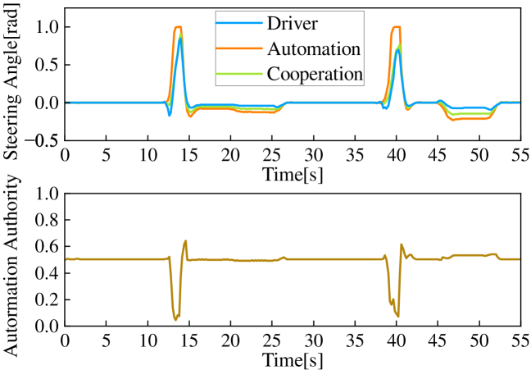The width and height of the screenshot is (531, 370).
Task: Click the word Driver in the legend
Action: pyautogui.click(x=292, y=24)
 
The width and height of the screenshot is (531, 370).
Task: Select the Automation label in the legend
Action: pyautogui.click(x=314, y=48)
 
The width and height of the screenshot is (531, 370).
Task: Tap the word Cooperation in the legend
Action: pyautogui.click(x=315, y=73)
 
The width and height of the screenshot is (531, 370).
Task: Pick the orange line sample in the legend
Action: pyautogui.click(x=241, y=48)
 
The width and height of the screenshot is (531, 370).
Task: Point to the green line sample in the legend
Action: pyautogui.click(x=241, y=73)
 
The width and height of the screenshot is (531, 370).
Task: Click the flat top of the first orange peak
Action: pyautogui.click(x=178, y=27)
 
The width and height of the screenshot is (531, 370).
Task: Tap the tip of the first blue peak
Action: pyautogui.click(x=180, y=38)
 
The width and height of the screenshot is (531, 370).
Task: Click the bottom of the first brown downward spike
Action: pyautogui.click(x=176, y=319)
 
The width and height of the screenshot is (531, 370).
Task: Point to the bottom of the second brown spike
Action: pyautogui.click(x=397, y=317)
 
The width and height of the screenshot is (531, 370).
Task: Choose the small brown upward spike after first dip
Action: pyautogui.click(x=186, y=241)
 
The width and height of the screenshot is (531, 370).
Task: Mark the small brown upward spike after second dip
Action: pyautogui.click(x=402, y=244)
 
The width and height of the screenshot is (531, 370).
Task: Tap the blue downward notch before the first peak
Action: pyautogui.click(x=170, y=116)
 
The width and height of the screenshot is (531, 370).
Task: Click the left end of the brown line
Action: pyautogui.click(x=66, y=259)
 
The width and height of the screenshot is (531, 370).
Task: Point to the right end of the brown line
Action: pyautogui.click(x=520, y=259)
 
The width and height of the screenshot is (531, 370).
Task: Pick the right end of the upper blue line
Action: pyautogui.click(x=520, y=103)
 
